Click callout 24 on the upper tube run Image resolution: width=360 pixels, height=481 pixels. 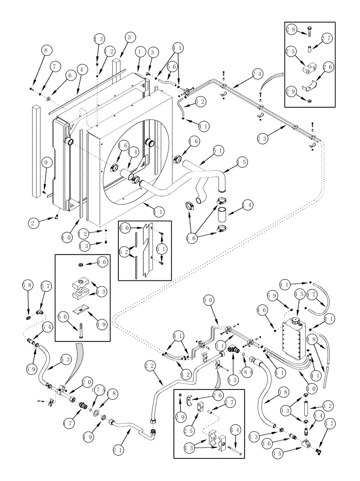coord(257,74)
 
